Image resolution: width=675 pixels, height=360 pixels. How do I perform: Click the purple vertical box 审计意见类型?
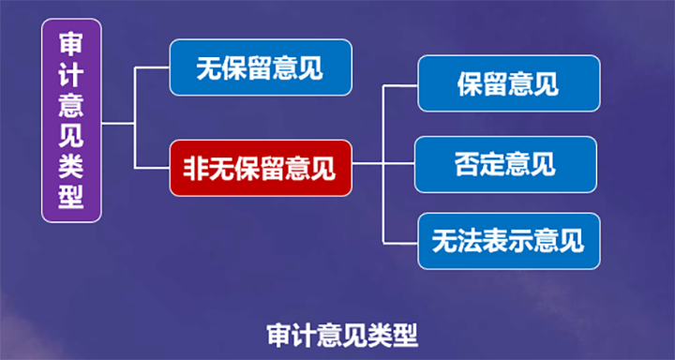click(x=71, y=122)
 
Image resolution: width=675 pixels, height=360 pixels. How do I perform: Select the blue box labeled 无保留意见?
click(x=261, y=67)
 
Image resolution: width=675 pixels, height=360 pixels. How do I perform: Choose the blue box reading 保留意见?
click(x=508, y=83)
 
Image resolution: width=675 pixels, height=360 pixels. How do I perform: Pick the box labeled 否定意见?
click(x=505, y=164)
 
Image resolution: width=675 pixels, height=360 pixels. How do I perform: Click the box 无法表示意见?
click(x=508, y=241)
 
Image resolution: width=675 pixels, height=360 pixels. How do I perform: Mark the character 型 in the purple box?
click(x=71, y=196)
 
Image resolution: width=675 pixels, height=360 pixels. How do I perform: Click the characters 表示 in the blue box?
click(x=508, y=241)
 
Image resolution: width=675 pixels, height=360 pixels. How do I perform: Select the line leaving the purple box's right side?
click(x=118, y=123)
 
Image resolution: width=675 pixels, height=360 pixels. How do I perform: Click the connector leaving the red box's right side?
click(x=367, y=163)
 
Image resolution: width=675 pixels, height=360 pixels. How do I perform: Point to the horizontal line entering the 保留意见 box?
click(x=401, y=84)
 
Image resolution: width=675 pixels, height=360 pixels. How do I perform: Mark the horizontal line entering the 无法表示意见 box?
click(x=401, y=241)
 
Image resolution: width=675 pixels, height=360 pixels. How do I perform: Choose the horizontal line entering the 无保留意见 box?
click(x=153, y=67)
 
